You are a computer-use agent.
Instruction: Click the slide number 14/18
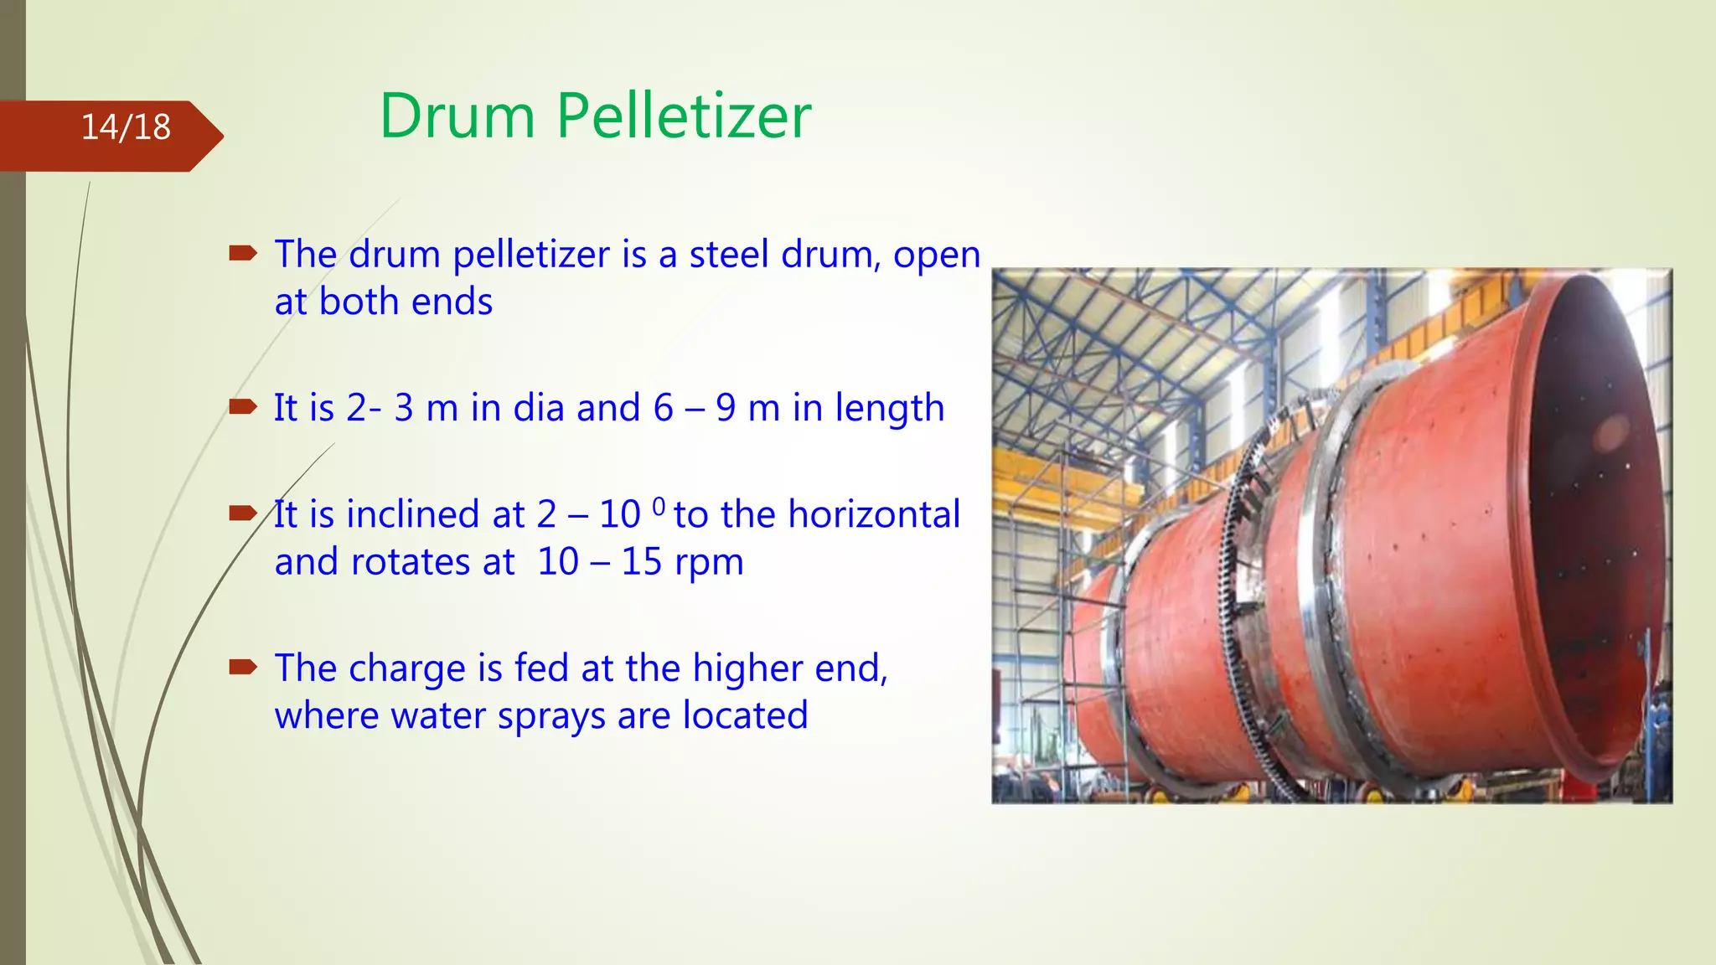126,127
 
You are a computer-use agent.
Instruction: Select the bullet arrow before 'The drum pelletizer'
243,252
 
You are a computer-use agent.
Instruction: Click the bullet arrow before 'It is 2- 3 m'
243,407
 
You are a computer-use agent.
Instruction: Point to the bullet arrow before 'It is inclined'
243,513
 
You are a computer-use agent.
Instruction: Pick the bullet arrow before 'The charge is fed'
243,667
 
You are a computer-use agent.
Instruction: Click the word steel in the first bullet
728,254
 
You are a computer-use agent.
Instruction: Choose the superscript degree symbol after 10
659,505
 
